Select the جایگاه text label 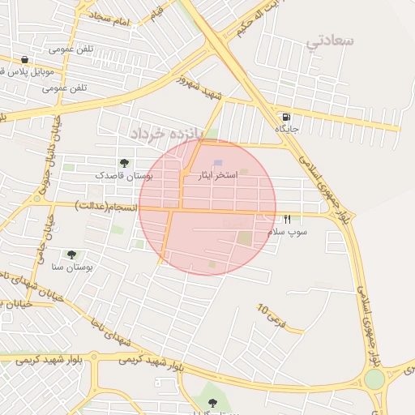coord(288,129)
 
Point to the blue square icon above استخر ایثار coord(217,164)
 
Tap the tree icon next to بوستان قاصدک coord(124,164)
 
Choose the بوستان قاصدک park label coord(124,175)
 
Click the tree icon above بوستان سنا coord(72,255)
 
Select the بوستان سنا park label coord(73,266)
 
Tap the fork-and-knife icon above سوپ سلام coord(287,220)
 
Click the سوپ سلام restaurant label coord(288,232)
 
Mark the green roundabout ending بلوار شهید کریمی coord(374,379)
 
